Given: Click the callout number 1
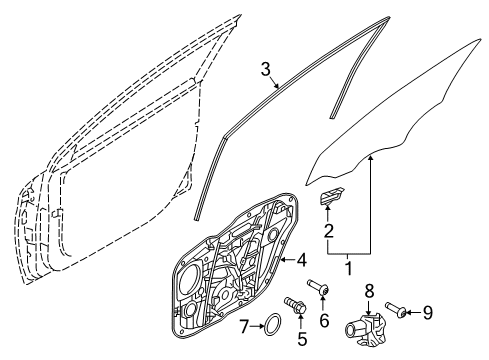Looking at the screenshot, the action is point(349,268).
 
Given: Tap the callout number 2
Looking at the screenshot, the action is point(329,231).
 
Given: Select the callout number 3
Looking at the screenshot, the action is point(265,70).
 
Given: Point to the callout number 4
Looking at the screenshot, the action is point(302,260).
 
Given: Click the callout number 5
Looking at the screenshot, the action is point(302,338).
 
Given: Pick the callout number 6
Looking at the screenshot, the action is point(324,321).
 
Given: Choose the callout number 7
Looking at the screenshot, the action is point(244,326).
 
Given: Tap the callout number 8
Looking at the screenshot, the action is point(369,292).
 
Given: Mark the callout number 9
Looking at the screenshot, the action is point(428,313).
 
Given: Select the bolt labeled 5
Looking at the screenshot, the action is point(296,305).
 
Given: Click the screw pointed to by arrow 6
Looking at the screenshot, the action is point(319,288).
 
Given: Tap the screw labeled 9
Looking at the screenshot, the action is point(396,309).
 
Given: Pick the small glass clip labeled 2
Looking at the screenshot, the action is point(332,195).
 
